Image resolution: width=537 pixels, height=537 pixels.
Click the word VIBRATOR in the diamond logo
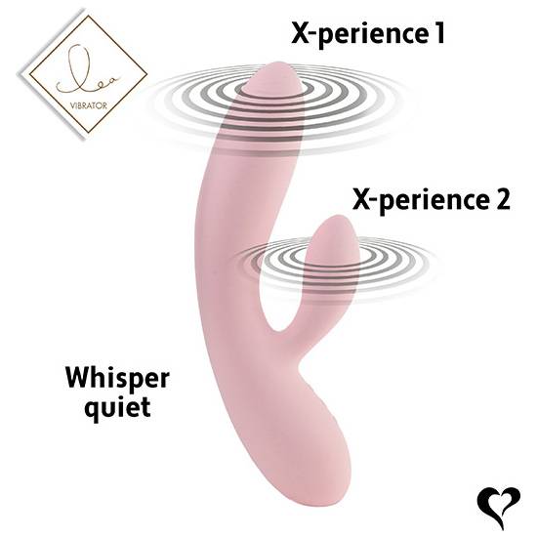(88, 105)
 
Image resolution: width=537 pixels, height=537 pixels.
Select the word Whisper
(117, 379)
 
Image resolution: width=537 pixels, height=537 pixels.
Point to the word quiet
(117, 407)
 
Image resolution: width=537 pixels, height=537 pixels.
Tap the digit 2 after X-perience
(502, 199)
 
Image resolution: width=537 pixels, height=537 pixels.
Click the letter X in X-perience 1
(301, 33)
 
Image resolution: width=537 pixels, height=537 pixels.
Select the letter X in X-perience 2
(361, 199)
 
